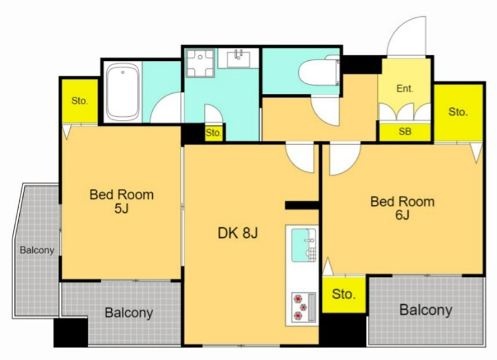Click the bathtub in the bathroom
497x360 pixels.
click(x=122, y=92)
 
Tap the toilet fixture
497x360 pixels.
click(x=319, y=72)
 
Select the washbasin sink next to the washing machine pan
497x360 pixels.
click(x=238, y=58)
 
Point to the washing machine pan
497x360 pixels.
click(x=200, y=63)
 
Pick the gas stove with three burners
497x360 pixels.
click(x=303, y=307)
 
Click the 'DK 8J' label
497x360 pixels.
click(x=238, y=233)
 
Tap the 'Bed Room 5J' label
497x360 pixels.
click(x=122, y=201)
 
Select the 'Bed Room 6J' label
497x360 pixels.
click(x=403, y=208)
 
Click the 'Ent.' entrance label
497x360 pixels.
click(x=405, y=88)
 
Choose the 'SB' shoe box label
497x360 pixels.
click(x=405, y=132)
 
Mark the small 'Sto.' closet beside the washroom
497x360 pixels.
click(x=213, y=133)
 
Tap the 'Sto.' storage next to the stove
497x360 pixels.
click(x=344, y=294)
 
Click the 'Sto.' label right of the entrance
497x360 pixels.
click(x=458, y=112)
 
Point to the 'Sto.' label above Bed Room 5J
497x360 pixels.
click(x=80, y=101)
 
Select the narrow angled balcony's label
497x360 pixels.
click(x=37, y=250)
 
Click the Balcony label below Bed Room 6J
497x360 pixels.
click(x=426, y=310)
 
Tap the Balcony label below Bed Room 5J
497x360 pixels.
click(x=129, y=313)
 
